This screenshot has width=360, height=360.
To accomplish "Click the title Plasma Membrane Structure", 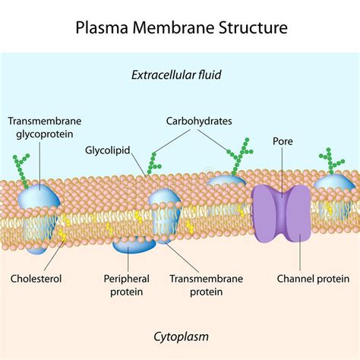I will tap(180, 28).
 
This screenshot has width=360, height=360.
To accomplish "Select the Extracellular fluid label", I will tap(180, 74).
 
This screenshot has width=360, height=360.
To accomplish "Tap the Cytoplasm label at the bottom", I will tap(180, 335).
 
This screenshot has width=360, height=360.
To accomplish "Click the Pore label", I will tap(283, 141).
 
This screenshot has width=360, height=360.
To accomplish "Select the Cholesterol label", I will tap(36, 279).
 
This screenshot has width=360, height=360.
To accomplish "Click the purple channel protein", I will tap(282, 213).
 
